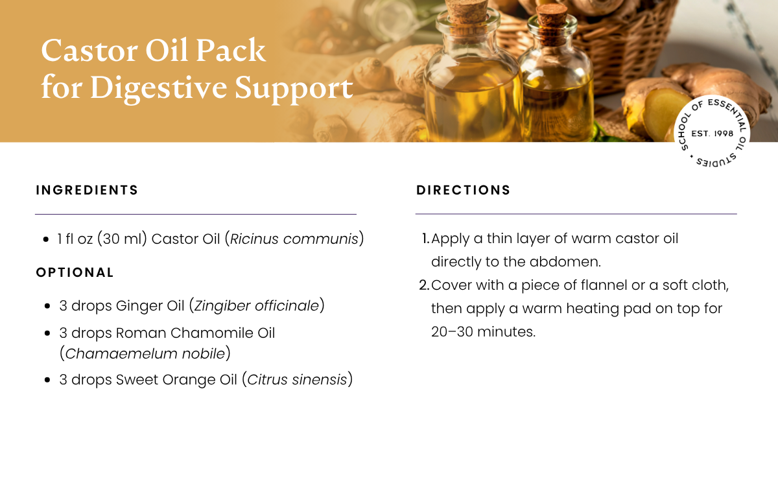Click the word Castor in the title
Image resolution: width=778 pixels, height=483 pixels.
click(x=89, y=51)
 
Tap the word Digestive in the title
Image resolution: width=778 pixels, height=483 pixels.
click(x=158, y=88)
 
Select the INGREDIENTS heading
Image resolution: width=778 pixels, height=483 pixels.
click(x=87, y=191)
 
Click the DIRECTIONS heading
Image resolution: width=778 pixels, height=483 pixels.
click(x=464, y=191)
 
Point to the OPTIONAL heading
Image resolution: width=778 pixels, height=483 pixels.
click(x=75, y=272)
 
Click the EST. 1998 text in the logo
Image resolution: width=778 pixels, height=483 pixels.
click(x=713, y=134)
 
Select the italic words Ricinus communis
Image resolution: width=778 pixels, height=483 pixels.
click(x=294, y=239)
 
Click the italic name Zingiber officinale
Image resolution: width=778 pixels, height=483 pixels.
click(x=256, y=306)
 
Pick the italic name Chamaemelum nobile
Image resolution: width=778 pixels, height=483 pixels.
click(x=145, y=354)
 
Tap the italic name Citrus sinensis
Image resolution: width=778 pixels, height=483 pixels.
click(x=297, y=379)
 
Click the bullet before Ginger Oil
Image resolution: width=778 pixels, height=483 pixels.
click(x=47, y=306)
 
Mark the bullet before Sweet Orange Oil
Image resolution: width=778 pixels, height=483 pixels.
click(x=47, y=380)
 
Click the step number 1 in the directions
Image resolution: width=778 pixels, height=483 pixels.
click(x=426, y=239)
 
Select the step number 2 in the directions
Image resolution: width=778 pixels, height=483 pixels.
click(x=425, y=285)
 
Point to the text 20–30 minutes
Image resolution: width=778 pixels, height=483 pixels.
click(x=483, y=331)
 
